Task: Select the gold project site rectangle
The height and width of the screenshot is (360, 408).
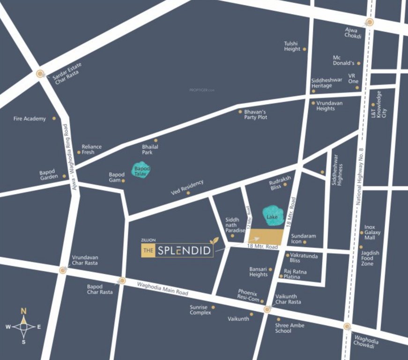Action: tap(266, 236)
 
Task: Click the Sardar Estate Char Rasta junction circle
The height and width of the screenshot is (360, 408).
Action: tap(40, 73)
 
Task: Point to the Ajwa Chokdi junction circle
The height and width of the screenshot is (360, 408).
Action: tap(370, 22)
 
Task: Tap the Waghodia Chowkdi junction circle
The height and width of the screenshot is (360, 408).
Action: tap(347, 327)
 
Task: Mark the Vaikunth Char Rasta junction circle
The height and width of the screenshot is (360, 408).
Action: tap(267, 309)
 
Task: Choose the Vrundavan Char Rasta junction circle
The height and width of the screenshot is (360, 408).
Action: tap(63, 270)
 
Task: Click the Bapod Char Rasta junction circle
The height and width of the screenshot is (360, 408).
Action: tap(122, 281)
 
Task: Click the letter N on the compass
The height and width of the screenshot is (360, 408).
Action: tap(23, 310)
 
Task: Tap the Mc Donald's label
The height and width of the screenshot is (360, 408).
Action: tap(343, 60)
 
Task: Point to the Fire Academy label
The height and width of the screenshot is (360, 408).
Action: tap(30, 119)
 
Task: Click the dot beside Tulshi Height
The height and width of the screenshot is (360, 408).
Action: tap(304, 49)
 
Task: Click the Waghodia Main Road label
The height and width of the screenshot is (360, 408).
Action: tap(163, 288)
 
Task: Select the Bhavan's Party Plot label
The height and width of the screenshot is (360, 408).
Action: tap(255, 114)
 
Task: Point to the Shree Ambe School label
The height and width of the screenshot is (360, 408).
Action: tap(290, 328)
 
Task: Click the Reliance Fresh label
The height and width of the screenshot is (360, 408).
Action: tap(91, 150)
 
